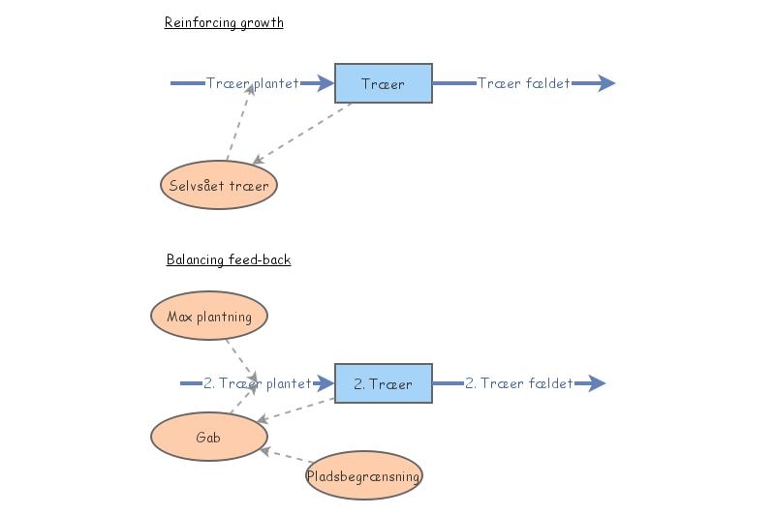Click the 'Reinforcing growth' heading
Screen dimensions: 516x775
point(224,23)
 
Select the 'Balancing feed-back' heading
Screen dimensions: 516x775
point(229,259)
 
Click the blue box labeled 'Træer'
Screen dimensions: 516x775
point(384,83)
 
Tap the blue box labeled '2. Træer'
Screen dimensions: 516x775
point(384,383)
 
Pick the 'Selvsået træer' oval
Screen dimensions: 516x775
point(219,184)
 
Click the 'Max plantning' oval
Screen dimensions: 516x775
point(209,316)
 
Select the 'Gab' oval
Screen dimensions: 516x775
point(208,437)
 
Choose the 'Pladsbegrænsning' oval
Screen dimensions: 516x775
point(364,475)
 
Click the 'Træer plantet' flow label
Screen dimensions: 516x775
point(253,83)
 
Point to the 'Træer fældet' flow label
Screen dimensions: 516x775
point(524,83)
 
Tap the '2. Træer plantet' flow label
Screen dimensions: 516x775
point(258,383)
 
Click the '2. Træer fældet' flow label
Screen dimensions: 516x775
point(519,383)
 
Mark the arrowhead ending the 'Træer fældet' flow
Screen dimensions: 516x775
point(605,83)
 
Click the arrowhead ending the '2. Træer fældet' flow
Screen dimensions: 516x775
point(596,383)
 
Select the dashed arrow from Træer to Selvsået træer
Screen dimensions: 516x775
point(301,132)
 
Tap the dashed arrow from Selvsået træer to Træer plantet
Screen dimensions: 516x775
point(240,121)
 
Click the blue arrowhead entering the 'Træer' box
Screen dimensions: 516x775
point(325,83)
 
